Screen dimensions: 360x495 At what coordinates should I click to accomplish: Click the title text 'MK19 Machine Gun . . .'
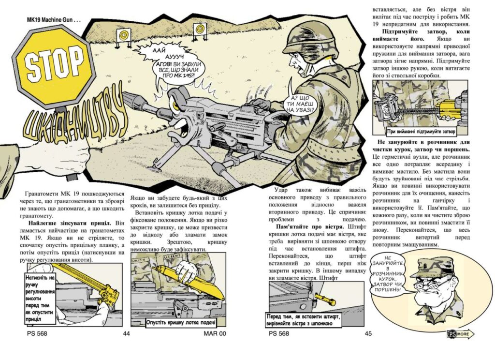coord(54,20)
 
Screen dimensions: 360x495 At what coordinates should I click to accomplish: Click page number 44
coord(127,333)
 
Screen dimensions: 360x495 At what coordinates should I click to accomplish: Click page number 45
coord(368,333)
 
